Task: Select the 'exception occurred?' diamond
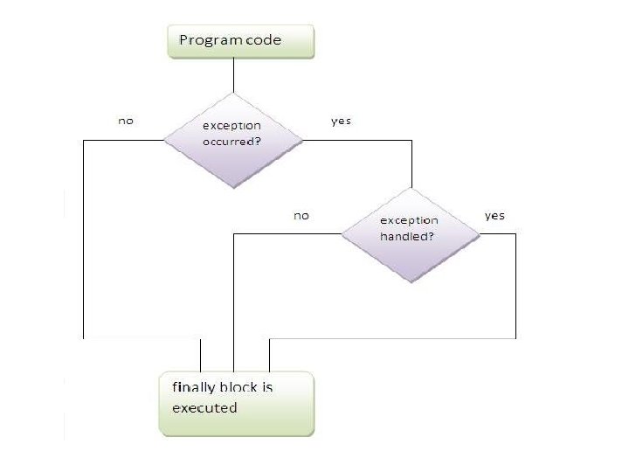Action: [233, 138]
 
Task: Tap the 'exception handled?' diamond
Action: [410, 233]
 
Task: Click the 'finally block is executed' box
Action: [235, 404]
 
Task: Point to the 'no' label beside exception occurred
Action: [126, 120]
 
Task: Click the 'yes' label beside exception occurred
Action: [341, 121]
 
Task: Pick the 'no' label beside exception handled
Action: [301, 215]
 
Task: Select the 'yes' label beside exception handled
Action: [494, 215]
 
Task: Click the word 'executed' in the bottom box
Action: [204, 407]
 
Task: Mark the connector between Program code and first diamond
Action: [232, 75]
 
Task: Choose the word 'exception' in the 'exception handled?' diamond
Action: [409, 221]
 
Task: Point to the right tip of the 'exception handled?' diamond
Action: [480, 233]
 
